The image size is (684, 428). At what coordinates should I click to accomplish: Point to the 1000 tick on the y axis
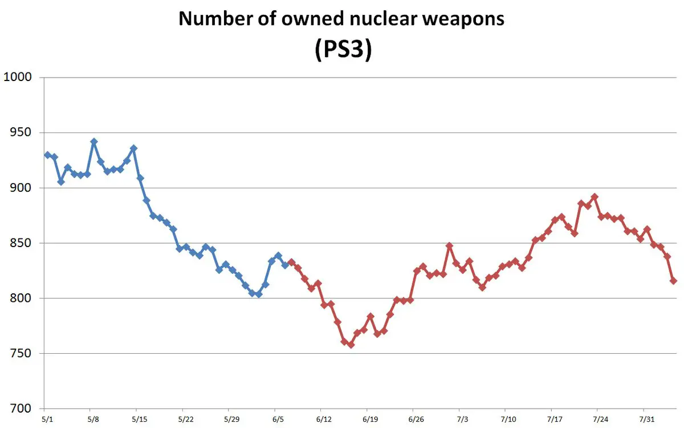tap(18, 78)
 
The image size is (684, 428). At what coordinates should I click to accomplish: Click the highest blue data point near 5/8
tap(94, 142)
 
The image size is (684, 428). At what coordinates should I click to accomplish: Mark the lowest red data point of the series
tap(351, 345)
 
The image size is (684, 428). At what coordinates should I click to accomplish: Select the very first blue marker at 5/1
tap(48, 155)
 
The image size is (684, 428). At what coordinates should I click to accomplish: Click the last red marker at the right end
tap(673, 281)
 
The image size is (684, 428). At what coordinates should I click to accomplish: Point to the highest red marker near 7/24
tap(595, 197)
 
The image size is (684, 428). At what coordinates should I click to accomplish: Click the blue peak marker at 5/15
tap(133, 148)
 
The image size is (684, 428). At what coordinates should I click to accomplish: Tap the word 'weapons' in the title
tap(459, 19)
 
